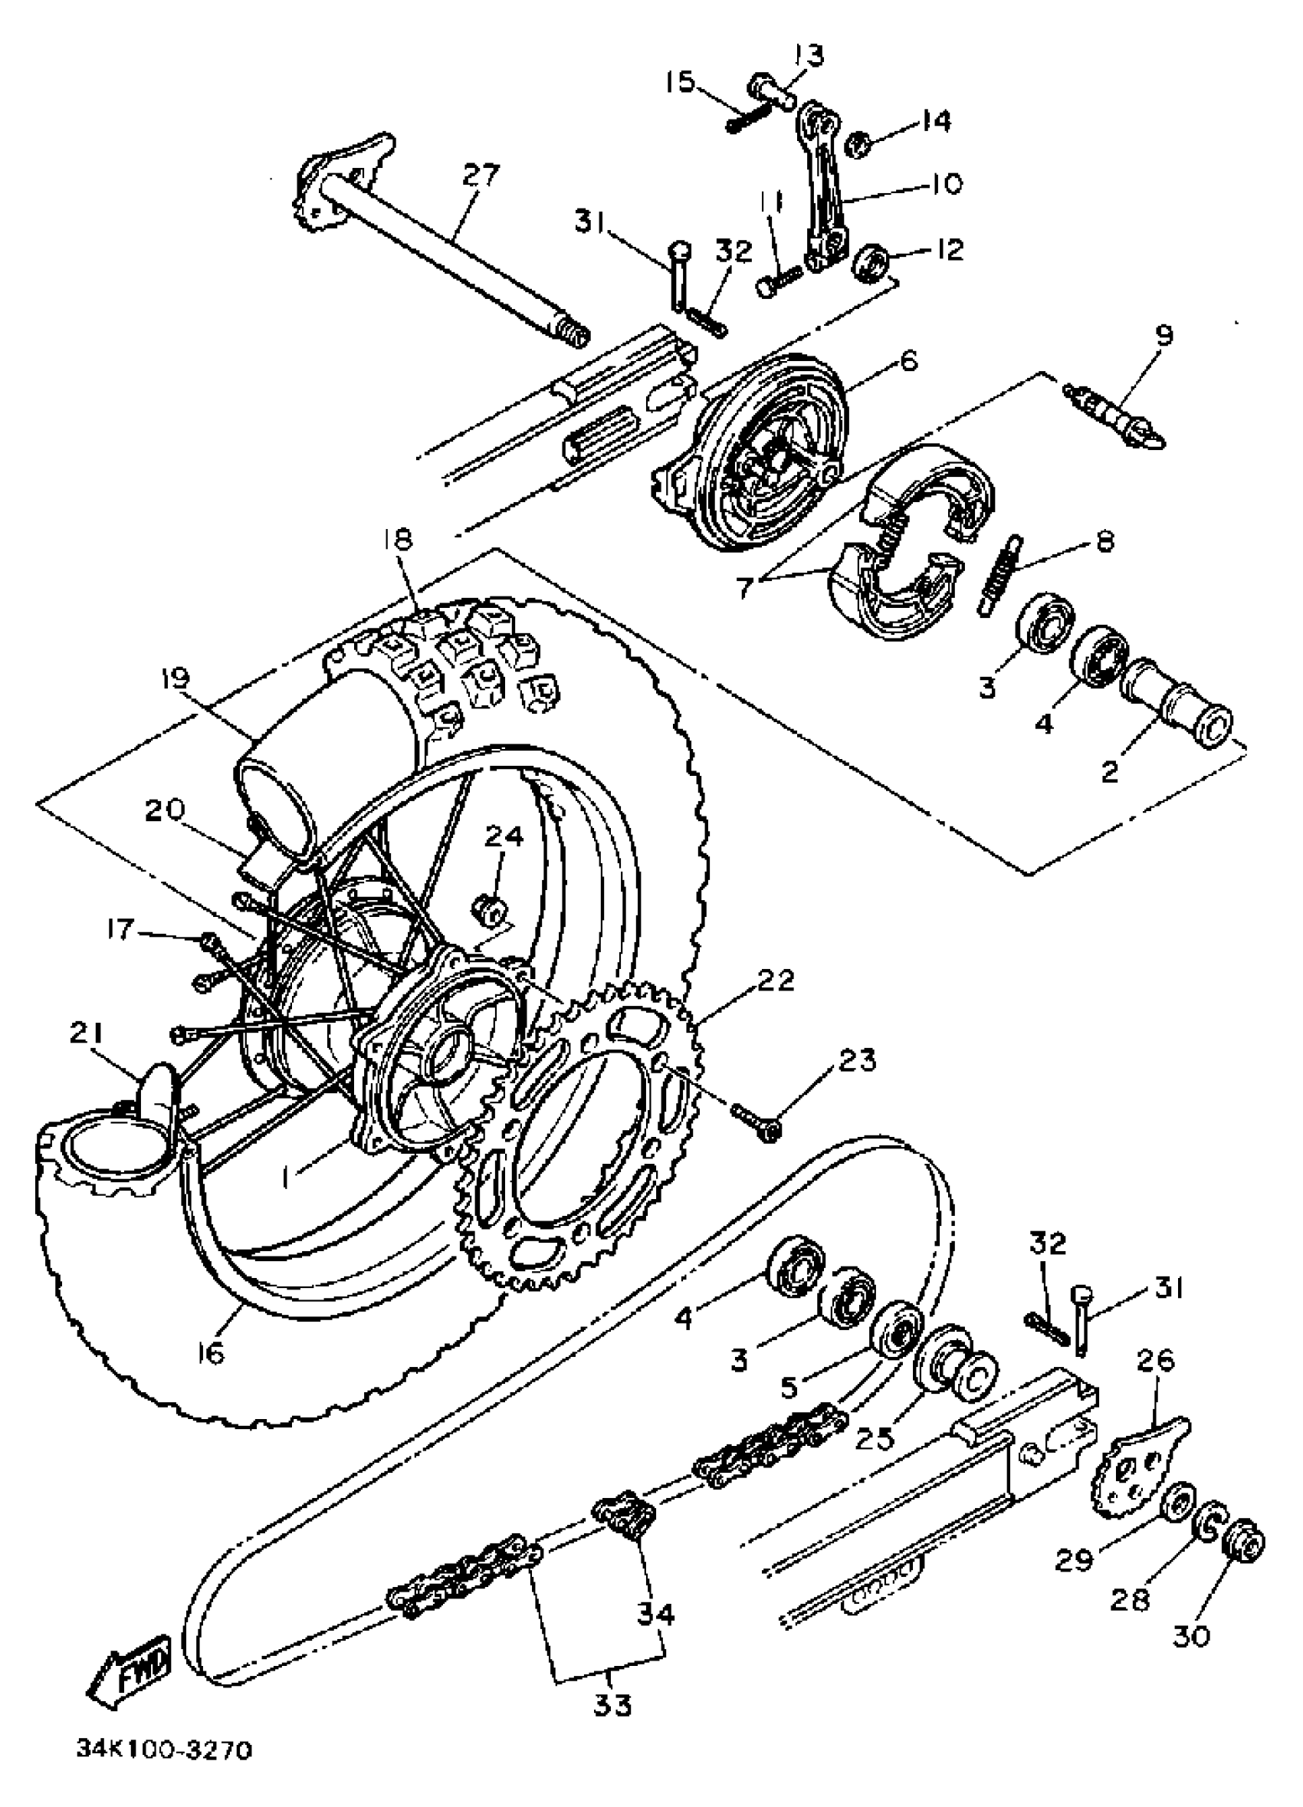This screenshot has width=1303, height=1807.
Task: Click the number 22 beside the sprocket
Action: click(775, 981)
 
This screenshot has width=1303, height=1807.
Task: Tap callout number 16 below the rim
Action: click(210, 1352)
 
